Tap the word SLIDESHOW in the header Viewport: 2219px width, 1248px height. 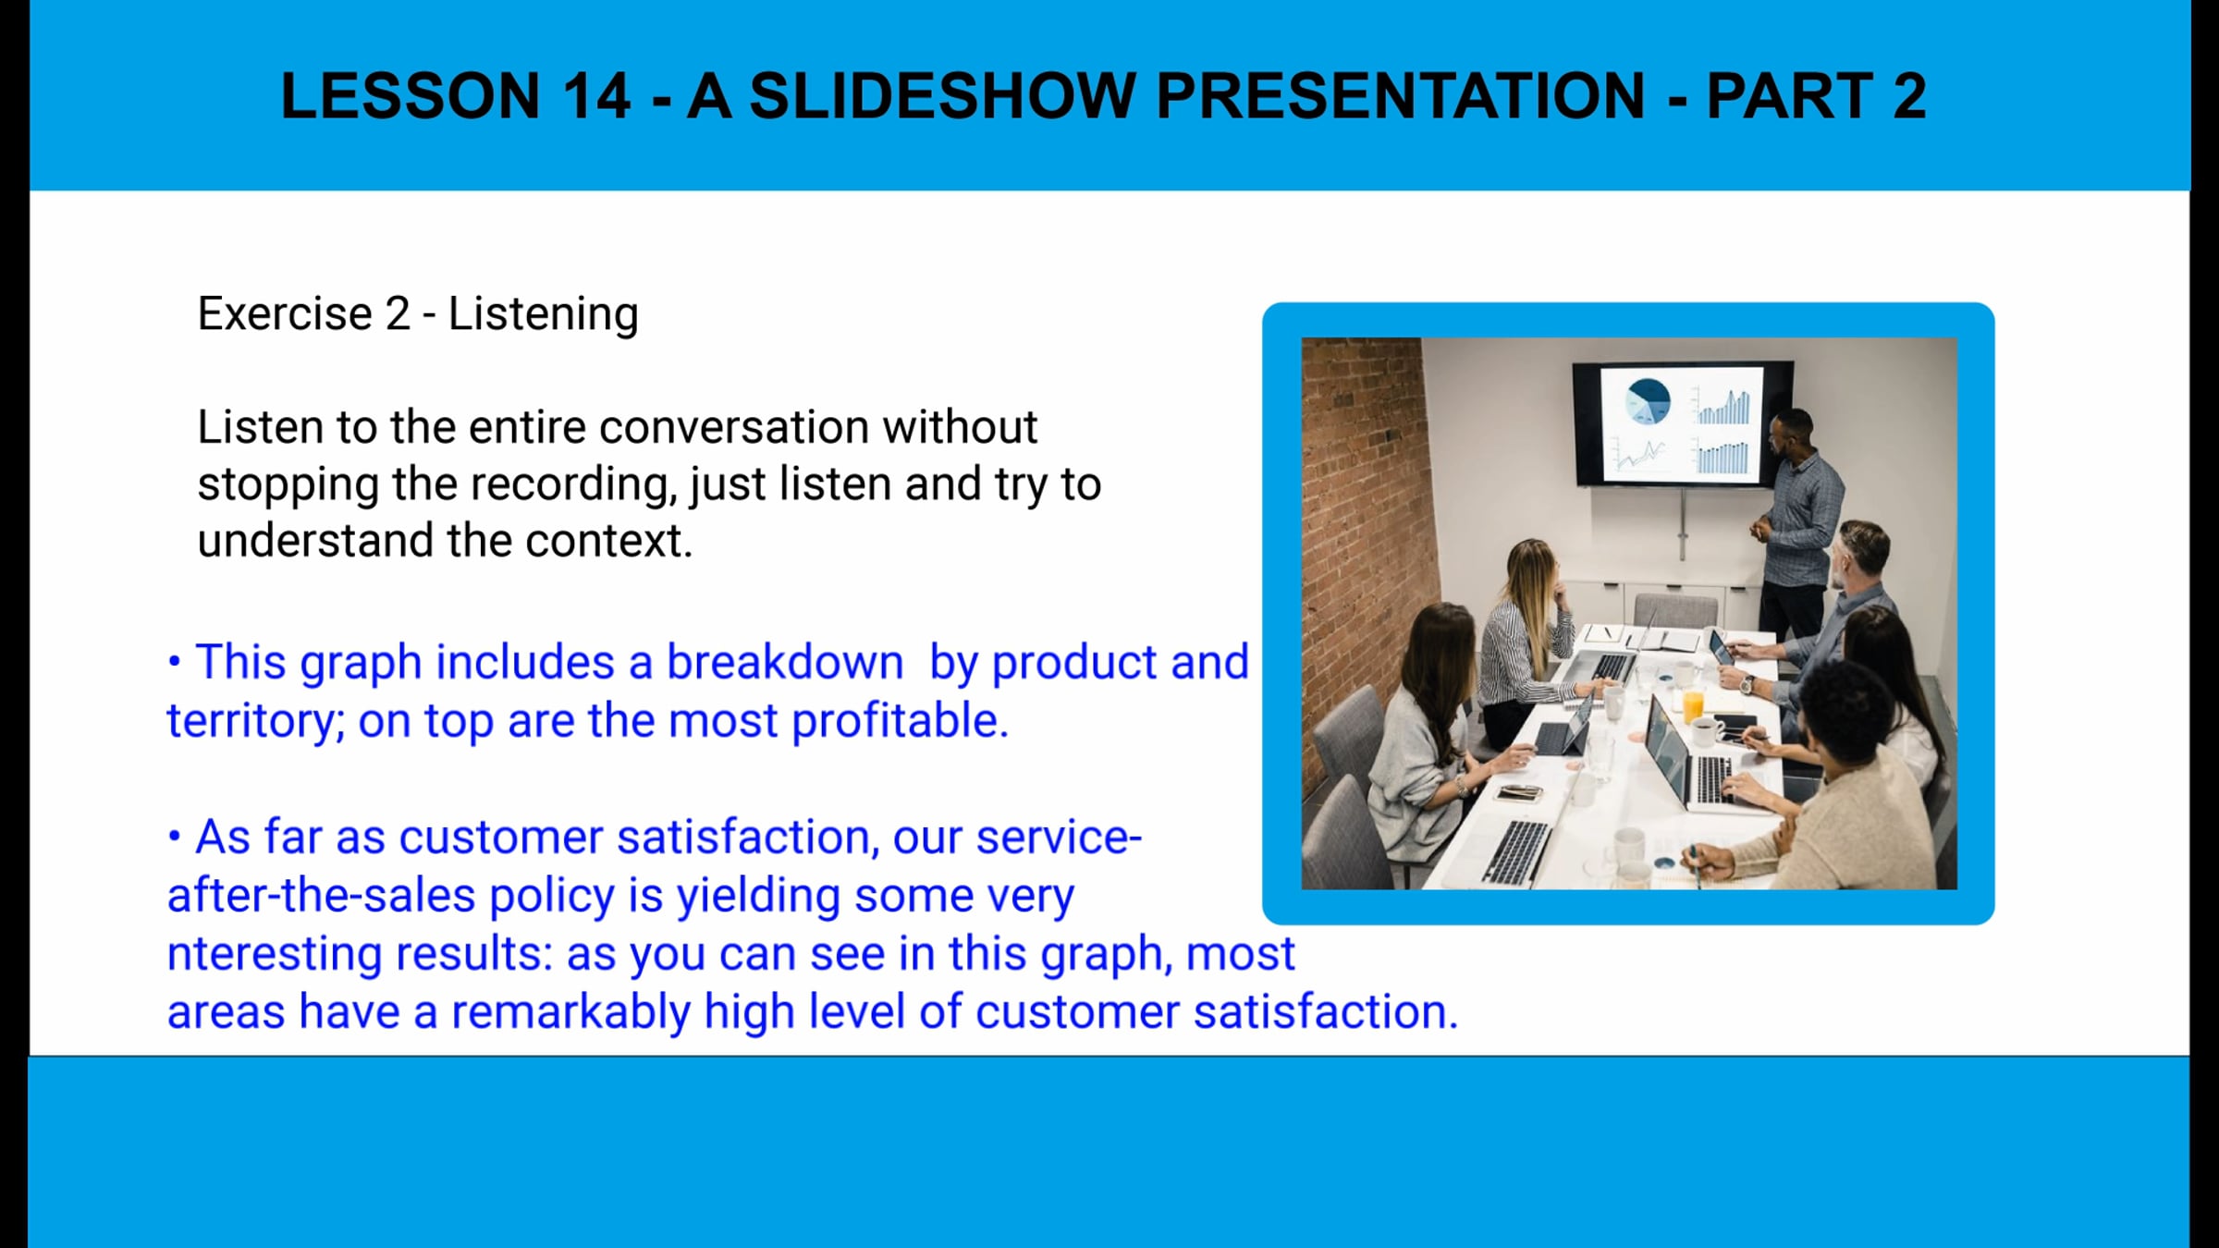[x=942, y=95]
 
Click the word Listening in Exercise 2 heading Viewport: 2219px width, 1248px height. [x=544, y=314]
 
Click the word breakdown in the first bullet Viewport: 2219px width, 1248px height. [x=785, y=662]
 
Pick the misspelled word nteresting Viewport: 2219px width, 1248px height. [x=275, y=954]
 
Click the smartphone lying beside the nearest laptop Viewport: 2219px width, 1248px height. [x=1518, y=792]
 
